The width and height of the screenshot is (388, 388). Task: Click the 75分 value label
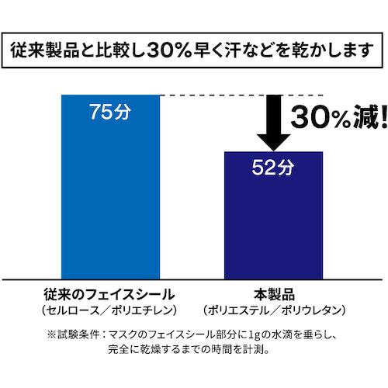click(110, 112)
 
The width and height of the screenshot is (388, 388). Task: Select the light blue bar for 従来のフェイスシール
click(110, 187)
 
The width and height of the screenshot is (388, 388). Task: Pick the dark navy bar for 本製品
click(273, 216)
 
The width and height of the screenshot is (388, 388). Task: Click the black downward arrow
click(273, 123)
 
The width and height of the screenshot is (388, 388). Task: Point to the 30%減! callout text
click(340, 117)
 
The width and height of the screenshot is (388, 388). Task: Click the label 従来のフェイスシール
click(109, 294)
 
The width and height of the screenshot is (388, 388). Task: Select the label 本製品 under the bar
click(274, 294)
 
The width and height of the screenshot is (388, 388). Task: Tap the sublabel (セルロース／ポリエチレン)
click(109, 310)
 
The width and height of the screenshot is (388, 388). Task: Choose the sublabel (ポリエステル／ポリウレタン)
click(274, 310)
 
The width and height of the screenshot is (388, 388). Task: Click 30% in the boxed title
click(170, 50)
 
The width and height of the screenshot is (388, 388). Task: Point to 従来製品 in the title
click(44, 50)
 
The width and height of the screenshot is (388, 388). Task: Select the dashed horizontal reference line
click(241, 95)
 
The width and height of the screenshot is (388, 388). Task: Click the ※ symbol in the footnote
click(51, 334)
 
